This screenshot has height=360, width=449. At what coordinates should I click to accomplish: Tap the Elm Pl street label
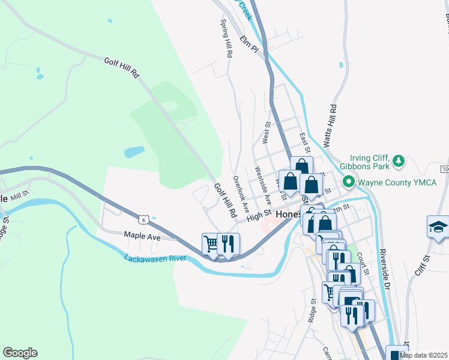coord(248,44)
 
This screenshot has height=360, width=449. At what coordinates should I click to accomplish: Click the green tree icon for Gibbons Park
coord(398,161)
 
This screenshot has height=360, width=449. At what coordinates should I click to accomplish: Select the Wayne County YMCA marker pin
coord(348,181)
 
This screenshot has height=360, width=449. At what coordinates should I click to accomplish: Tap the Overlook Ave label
coord(241,194)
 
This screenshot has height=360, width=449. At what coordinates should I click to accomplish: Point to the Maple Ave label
coord(142,237)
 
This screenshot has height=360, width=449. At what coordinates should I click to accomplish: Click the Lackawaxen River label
coord(156,259)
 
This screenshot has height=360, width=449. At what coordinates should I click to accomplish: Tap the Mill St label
coord(19,196)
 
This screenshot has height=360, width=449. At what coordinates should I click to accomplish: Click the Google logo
coord(20,353)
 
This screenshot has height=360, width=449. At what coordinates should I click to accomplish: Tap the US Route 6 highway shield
coord(144,220)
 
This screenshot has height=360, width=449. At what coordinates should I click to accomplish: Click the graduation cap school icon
coord(438,227)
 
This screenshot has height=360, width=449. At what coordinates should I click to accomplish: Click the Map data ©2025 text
coord(423,355)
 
